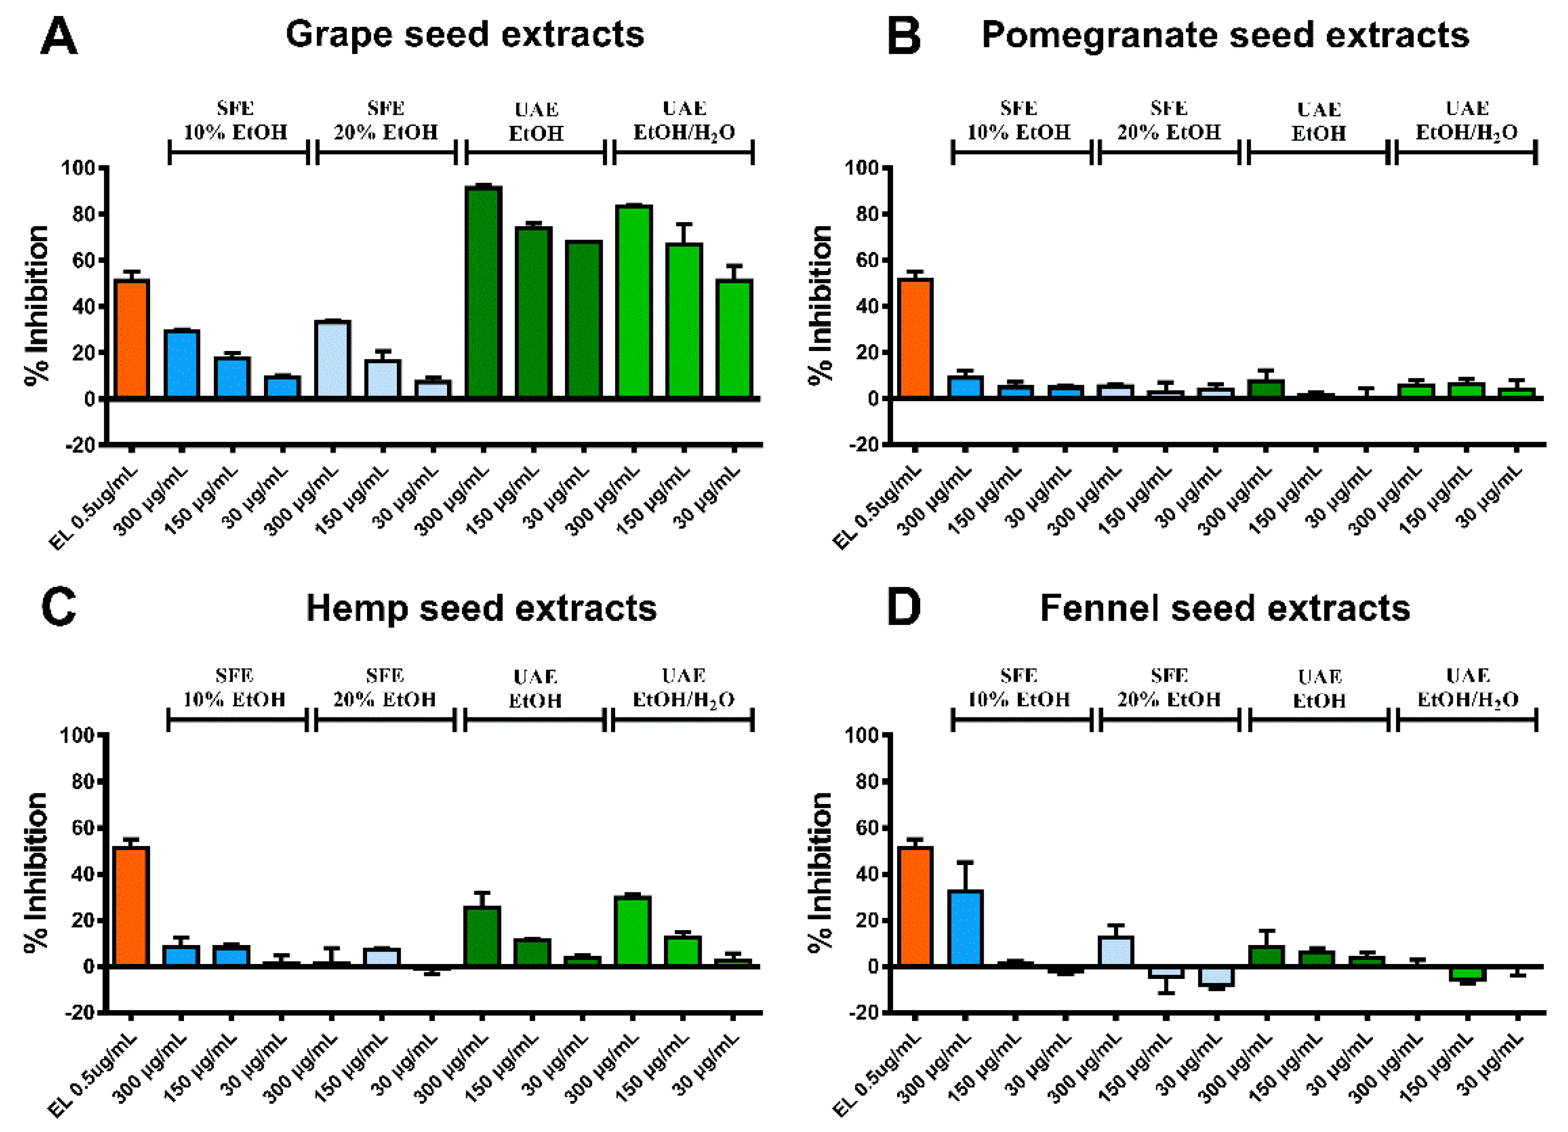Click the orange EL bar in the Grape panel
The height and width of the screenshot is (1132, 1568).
click(131, 339)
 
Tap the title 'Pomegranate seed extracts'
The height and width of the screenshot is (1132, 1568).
click(1225, 35)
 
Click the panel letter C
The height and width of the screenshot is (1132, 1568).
click(59, 608)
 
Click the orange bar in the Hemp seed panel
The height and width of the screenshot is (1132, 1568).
click(131, 906)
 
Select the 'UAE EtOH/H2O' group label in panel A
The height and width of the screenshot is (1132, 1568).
click(684, 120)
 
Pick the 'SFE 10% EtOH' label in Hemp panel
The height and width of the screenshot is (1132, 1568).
click(234, 688)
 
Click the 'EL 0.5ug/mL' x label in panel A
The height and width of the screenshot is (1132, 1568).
click(94, 508)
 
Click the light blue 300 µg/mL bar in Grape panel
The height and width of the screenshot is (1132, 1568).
click(333, 359)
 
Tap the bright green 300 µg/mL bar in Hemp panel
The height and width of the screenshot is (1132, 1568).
click(633, 931)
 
